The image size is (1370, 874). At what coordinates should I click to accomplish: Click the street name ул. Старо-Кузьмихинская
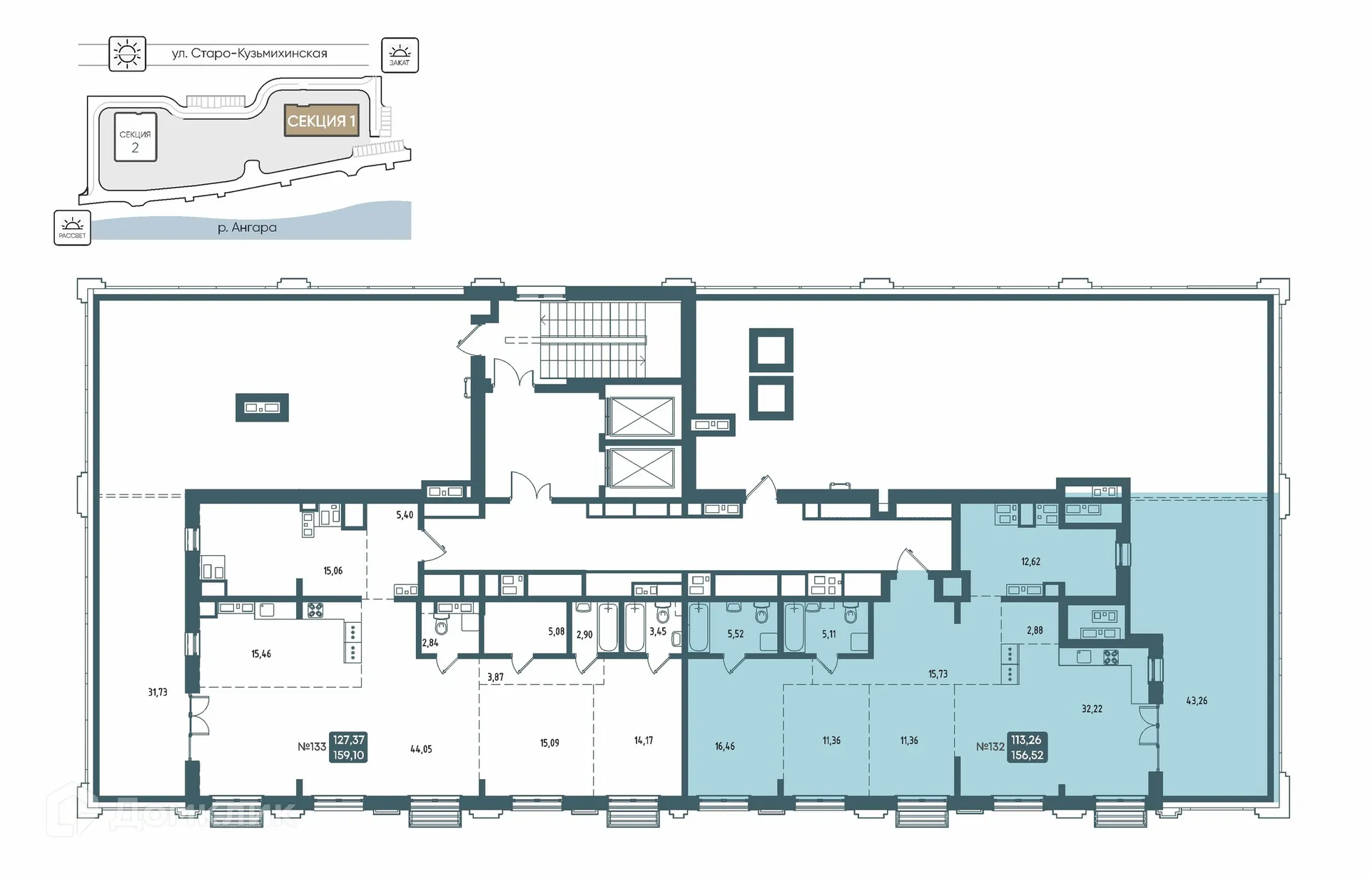(x=249, y=54)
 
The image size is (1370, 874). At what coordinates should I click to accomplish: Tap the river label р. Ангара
(x=247, y=228)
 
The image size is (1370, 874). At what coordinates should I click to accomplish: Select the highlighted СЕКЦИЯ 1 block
(x=321, y=121)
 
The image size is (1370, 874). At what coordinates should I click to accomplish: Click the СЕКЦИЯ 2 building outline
(x=136, y=136)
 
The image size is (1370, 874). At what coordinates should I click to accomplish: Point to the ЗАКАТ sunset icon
(x=400, y=55)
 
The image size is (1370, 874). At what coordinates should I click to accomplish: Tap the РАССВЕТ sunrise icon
(x=72, y=228)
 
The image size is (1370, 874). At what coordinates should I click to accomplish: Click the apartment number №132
(x=990, y=747)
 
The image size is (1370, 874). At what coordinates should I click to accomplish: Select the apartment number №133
(x=312, y=747)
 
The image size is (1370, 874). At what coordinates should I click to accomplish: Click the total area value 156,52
(x=1027, y=756)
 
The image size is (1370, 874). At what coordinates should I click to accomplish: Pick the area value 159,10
(x=348, y=756)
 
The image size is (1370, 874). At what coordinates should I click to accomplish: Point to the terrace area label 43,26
(x=1197, y=701)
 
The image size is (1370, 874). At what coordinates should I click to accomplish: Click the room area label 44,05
(x=421, y=749)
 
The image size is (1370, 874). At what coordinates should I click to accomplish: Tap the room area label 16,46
(x=724, y=746)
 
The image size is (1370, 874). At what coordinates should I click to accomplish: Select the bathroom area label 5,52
(x=736, y=634)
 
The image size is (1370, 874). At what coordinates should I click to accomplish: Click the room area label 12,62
(x=1030, y=562)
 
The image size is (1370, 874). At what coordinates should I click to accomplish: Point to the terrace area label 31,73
(x=158, y=692)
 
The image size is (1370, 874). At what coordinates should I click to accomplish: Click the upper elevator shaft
(x=640, y=416)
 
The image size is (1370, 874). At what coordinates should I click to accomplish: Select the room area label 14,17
(x=643, y=741)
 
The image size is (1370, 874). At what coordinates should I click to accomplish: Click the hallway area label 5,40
(x=405, y=514)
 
